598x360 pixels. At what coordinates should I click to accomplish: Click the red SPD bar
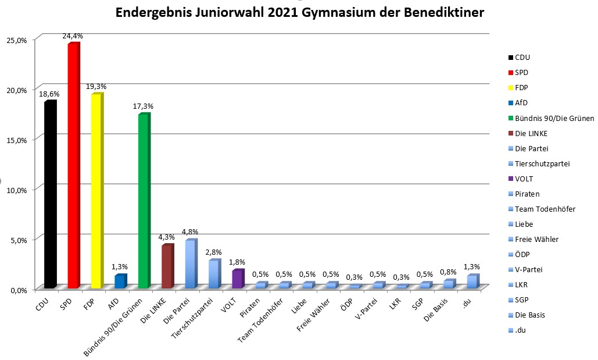click(73, 166)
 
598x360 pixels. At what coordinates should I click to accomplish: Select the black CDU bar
click(49, 195)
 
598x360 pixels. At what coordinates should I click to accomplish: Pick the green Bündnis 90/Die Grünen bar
click(143, 201)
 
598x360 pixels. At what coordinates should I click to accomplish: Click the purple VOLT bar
click(237, 279)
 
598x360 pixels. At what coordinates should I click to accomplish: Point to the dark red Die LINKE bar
click(166, 267)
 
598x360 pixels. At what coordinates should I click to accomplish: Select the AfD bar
click(119, 281)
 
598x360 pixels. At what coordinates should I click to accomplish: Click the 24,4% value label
click(73, 36)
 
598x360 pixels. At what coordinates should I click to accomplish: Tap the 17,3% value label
click(143, 106)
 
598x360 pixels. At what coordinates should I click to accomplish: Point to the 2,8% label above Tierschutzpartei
click(213, 252)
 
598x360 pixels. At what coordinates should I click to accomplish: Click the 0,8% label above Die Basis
click(447, 272)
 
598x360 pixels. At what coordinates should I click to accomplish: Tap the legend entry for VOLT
click(527, 179)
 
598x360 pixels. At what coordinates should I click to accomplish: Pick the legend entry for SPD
click(522, 73)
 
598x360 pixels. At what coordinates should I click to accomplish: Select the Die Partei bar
click(190, 265)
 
